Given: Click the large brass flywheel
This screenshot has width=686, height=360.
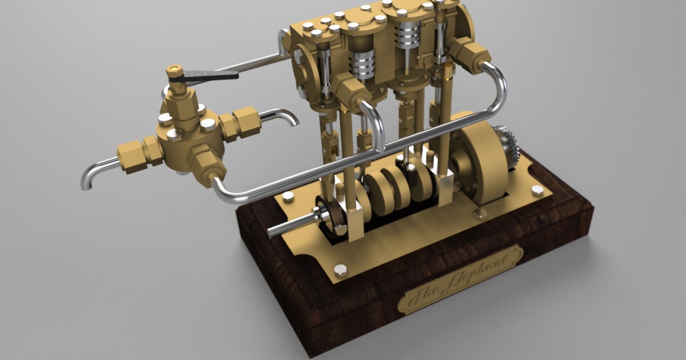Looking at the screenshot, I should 482,163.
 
